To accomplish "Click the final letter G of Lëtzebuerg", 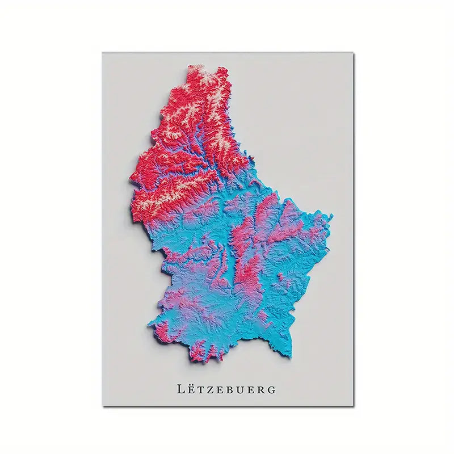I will tap(272, 390).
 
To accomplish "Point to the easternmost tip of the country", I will tap(331, 216).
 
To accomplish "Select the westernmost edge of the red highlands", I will tap(131, 180).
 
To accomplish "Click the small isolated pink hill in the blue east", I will tap(280, 276).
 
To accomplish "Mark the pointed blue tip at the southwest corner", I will tap(149, 325).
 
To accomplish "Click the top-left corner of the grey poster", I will tap(103, 53).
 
